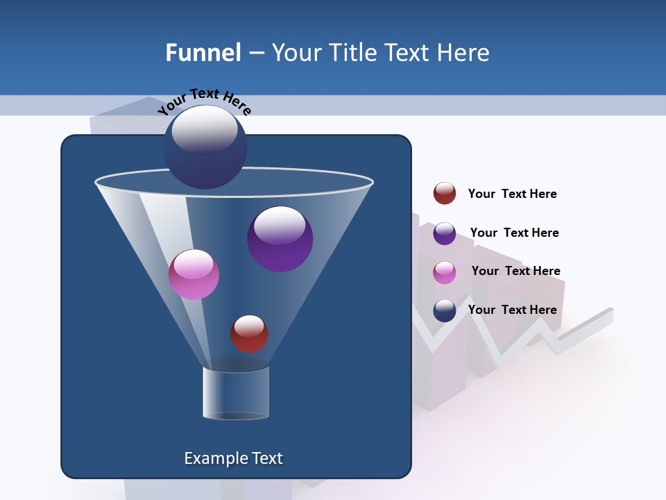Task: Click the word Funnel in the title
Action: tap(203, 53)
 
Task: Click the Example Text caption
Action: tap(233, 458)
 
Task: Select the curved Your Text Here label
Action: tap(204, 101)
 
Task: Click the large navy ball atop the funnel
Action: tap(205, 147)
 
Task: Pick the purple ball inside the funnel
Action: tap(280, 239)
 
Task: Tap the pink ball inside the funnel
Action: tap(194, 274)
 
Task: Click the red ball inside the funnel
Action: tap(249, 334)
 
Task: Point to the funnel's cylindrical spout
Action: tap(236, 392)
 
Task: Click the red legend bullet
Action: tap(445, 194)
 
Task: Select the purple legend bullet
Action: tap(445, 233)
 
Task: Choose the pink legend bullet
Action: tap(445, 272)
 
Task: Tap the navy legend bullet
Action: tap(445, 310)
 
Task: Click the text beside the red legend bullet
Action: tap(512, 194)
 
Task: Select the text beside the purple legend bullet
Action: tap(514, 233)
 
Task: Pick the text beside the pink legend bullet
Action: tap(515, 271)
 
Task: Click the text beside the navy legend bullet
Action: tap(512, 310)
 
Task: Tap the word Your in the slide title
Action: tap(295, 53)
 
